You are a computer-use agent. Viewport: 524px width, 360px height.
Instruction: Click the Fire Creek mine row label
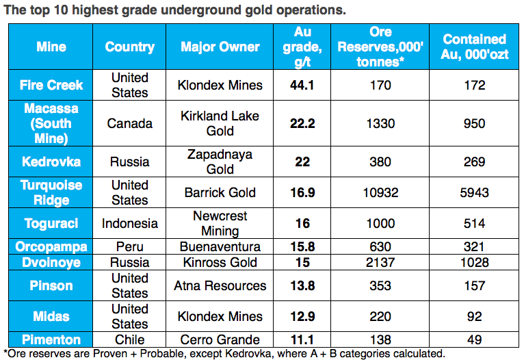tap(51, 86)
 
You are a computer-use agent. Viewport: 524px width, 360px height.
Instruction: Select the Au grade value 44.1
tap(302, 86)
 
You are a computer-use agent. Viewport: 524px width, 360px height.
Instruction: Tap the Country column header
tap(129, 47)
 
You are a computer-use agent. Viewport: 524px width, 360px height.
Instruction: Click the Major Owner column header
tap(220, 47)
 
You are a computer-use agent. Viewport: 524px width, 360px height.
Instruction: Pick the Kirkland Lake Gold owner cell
tap(220, 124)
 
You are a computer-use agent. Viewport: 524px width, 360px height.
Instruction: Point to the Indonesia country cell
tap(129, 224)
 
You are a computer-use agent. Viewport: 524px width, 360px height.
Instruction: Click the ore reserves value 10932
tap(380, 193)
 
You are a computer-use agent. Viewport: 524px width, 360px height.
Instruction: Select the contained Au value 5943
tap(474, 193)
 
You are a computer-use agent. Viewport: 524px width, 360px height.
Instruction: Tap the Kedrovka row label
tap(51, 162)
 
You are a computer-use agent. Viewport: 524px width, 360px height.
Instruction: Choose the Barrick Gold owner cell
tap(220, 193)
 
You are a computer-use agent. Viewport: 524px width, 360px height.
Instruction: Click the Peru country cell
tap(129, 247)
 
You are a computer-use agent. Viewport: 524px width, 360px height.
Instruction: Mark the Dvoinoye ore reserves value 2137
tap(380, 263)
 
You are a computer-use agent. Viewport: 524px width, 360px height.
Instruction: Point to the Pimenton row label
tap(51, 340)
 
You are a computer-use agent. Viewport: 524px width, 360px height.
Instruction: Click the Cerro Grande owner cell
tap(220, 340)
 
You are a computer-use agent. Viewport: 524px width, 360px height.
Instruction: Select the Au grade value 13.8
tap(302, 286)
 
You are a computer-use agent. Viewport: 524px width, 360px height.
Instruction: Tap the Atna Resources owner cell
tap(220, 286)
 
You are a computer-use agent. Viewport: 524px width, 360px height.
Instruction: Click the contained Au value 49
tap(474, 340)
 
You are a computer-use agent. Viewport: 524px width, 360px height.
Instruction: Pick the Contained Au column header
tap(474, 47)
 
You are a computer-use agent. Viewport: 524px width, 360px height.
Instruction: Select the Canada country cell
tap(129, 124)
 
